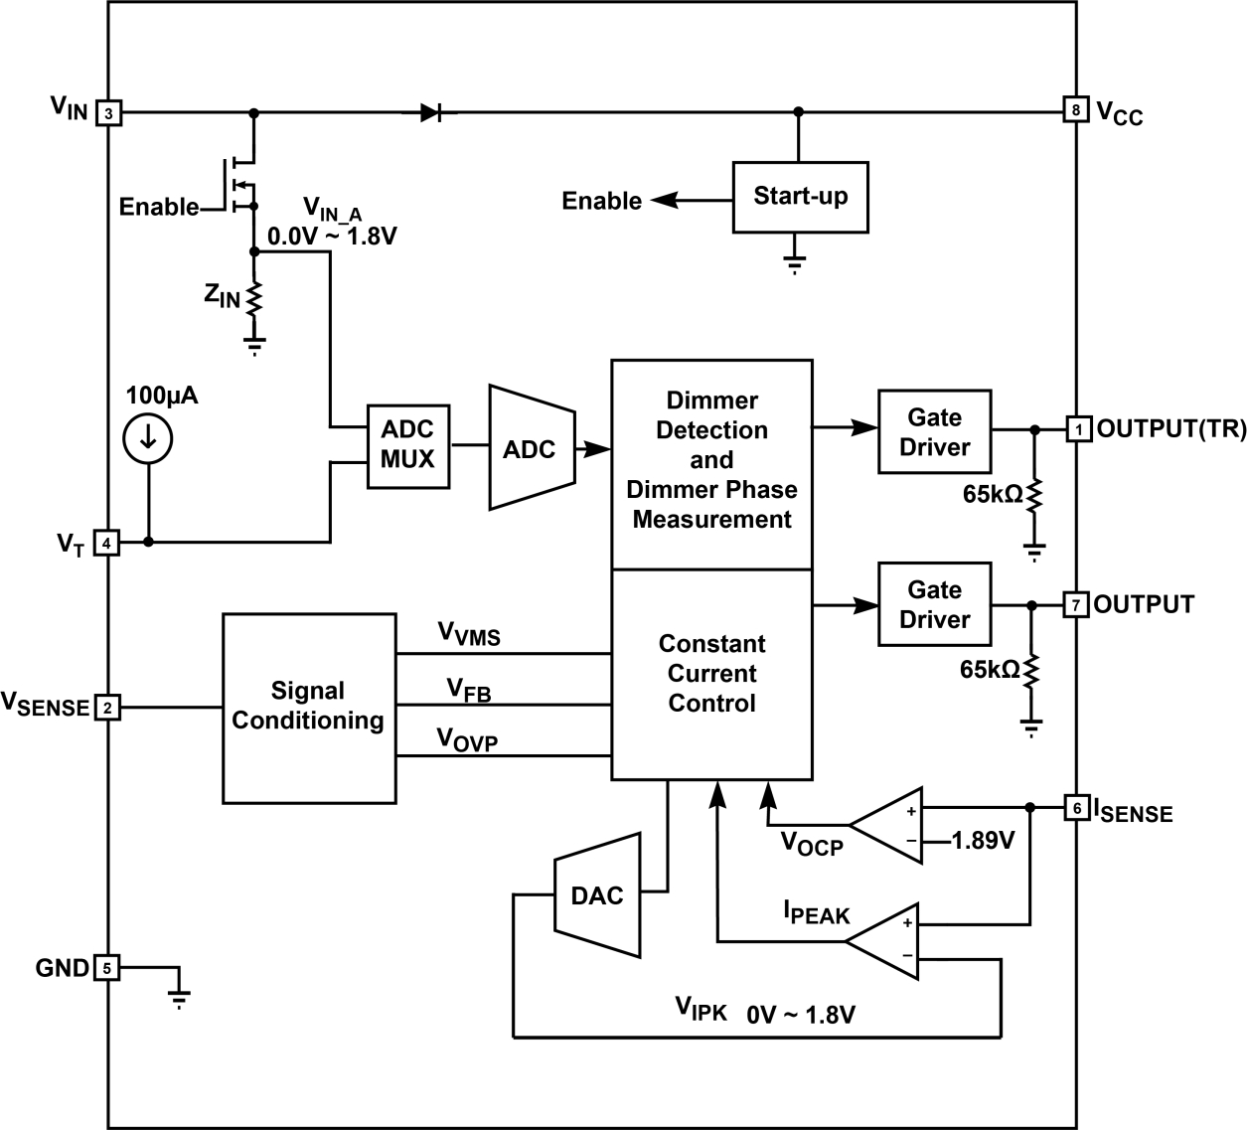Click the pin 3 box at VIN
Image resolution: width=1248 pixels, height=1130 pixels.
point(108,113)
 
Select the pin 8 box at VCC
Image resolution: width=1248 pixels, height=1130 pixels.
point(1075,109)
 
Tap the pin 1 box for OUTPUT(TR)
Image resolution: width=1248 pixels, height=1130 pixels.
point(1078,429)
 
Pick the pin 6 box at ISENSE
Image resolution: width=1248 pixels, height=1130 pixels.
point(1076,808)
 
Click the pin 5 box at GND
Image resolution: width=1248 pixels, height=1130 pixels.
point(106,967)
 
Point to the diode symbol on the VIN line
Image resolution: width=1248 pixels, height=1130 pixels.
point(431,112)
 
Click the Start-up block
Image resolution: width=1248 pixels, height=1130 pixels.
point(800,197)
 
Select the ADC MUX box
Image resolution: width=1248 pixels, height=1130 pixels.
point(407,446)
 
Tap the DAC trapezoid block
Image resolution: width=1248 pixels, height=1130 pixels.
point(596,895)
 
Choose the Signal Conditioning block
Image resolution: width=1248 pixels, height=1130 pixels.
point(308,707)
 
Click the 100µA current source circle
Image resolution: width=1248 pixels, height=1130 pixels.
point(148,438)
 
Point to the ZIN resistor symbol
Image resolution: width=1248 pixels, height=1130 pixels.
point(254,296)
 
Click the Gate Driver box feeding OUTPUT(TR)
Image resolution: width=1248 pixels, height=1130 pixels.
point(934,432)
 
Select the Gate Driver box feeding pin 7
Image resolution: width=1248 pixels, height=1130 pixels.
point(934,604)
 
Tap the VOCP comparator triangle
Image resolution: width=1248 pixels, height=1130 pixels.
point(889,825)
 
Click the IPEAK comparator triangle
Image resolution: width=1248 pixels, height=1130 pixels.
point(886,939)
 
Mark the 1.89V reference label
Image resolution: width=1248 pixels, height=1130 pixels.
point(983,841)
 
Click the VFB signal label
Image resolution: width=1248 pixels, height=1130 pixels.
point(469,689)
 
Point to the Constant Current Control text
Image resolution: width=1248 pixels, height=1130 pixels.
point(711,674)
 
